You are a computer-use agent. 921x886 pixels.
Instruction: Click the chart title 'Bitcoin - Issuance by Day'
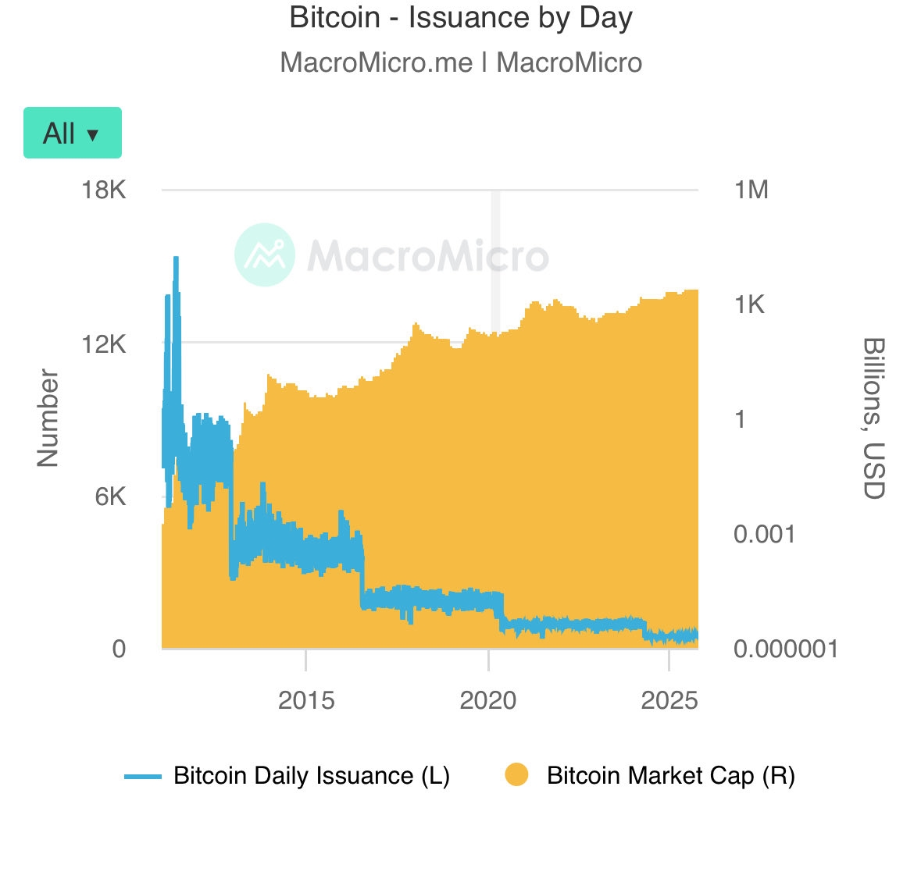coord(460,18)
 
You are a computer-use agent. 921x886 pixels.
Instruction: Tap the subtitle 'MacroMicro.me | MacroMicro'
coord(460,62)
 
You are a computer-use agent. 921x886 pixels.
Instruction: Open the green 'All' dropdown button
coord(73,133)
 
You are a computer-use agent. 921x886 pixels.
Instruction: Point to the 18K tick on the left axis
coord(104,190)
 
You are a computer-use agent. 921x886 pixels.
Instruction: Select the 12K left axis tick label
coord(104,343)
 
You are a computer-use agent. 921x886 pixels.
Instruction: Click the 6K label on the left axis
coord(110,496)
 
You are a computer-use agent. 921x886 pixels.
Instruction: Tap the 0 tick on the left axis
coord(119,649)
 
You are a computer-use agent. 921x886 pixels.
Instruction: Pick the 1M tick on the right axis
coord(751,190)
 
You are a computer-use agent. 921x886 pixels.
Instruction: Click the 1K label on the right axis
coord(749,304)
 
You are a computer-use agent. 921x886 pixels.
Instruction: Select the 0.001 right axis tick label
coord(764,535)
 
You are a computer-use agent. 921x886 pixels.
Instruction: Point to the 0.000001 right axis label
coord(785,649)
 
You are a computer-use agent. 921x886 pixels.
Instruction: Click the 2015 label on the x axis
coord(306,700)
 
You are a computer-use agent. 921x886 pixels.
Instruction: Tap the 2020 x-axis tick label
coord(488,700)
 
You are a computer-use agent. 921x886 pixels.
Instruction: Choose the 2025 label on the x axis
coord(669,700)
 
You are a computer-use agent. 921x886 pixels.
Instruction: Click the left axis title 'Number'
coord(48,418)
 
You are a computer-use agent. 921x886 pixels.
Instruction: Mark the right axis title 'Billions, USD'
coord(873,418)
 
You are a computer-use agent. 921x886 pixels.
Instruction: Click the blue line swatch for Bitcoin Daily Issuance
coord(143,776)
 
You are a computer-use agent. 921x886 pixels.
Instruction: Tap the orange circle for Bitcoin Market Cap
coord(516,775)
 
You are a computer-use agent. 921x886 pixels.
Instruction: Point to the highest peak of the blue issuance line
coord(176,258)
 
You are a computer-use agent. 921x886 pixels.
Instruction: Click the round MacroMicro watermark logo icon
coord(265,254)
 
